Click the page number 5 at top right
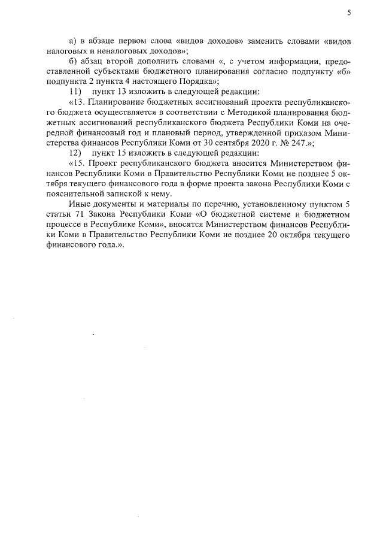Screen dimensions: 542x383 (x=349, y=13)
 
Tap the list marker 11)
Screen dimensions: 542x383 (x=75, y=92)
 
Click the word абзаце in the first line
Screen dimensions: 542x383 (x=102, y=41)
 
